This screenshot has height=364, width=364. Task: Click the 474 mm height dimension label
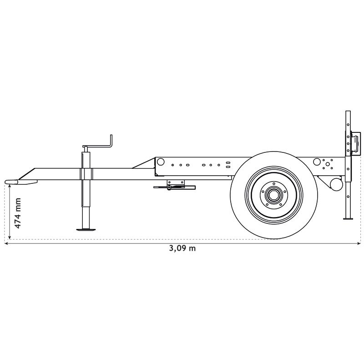(17, 213)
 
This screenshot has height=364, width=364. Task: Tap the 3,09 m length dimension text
(182, 248)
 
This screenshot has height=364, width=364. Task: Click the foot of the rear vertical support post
(348, 219)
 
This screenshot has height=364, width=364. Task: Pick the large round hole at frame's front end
(160, 162)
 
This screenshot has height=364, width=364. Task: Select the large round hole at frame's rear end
(317, 162)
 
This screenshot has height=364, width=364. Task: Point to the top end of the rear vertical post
(348, 112)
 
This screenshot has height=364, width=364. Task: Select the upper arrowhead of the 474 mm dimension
(10, 187)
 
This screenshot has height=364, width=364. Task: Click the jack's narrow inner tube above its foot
(86, 216)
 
